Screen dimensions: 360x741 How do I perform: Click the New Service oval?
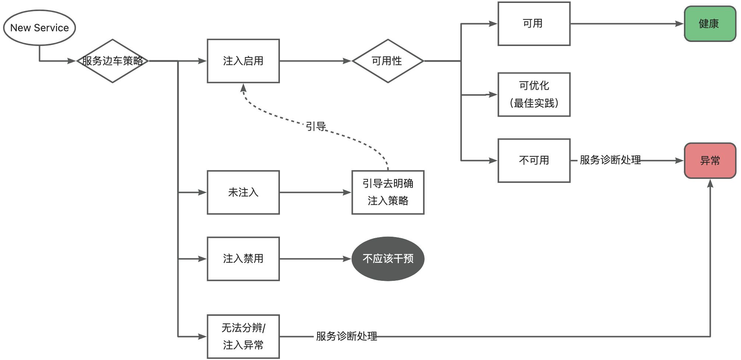pyautogui.click(x=39, y=28)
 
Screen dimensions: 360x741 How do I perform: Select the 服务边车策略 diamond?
pyautogui.click(x=112, y=61)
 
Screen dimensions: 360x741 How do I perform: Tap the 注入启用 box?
pyautogui.click(x=243, y=61)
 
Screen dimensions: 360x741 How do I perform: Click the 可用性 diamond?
pyautogui.click(x=388, y=61)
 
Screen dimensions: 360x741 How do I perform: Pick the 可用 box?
pyautogui.click(x=534, y=24)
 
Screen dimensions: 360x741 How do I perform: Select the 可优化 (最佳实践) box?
pyautogui.click(x=534, y=95)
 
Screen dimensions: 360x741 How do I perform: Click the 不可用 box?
pyautogui.click(x=534, y=160)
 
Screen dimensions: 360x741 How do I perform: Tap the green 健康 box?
pyautogui.click(x=710, y=24)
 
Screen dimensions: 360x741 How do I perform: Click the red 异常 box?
pyautogui.click(x=710, y=160)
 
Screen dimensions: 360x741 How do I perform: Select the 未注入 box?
pyautogui.click(x=243, y=192)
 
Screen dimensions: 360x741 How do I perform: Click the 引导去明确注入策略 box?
pyautogui.click(x=388, y=192)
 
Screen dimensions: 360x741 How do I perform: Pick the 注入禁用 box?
pyautogui.click(x=243, y=259)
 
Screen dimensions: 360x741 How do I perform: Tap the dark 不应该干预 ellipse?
pyautogui.click(x=388, y=259)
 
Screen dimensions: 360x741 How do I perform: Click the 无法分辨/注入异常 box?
pyautogui.click(x=243, y=336)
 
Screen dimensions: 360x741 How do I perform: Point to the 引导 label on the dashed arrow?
pyautogui.click(x=316, y=127)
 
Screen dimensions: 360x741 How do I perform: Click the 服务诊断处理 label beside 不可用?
pyautogui.click(x=610, y=160)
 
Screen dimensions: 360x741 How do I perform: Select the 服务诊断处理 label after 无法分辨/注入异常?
pyautogui.click(x=346, y=336)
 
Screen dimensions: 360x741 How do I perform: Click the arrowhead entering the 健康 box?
pyautogui.click(x=679, y=24)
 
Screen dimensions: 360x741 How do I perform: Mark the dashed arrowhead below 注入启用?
pyautogui.click(x=243, y=88)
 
